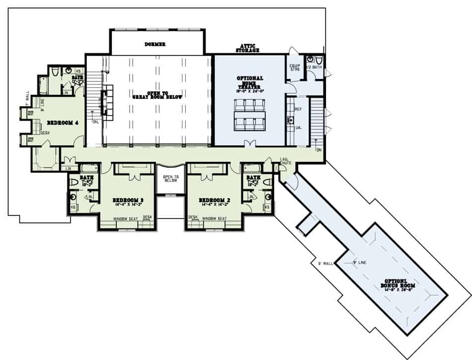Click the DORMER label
[156, 44]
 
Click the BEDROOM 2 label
[214, 201]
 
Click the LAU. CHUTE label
[285, 161]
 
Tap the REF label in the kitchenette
[298, 109]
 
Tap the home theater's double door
[249, 144]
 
